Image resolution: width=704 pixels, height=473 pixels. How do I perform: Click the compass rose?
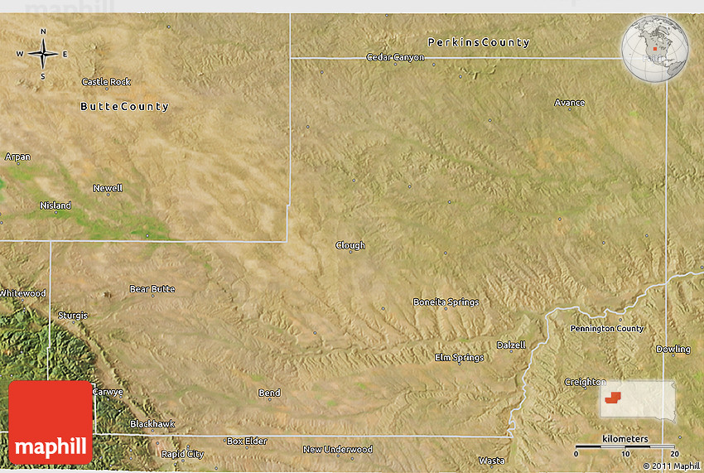pos(43,54)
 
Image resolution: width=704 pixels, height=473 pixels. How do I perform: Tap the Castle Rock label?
pos(106,82)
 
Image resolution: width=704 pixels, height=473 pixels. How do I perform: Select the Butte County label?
pos(124,107)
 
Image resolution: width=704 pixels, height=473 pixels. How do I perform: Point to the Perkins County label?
pos(478,42)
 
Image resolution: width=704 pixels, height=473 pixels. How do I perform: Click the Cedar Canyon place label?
pos(395,58)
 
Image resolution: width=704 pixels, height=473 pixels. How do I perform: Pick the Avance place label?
pos(569,103)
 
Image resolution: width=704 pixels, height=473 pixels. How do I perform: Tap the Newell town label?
pos(108,188)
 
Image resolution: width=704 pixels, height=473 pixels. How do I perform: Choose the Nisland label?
pos(55,205)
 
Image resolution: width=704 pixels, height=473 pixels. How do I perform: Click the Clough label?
pos(350,245)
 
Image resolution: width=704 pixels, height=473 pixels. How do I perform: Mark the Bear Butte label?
pos(152,289)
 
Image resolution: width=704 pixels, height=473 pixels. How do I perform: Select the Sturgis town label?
pos(72,316)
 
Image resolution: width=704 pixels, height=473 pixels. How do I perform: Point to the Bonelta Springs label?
pos(446,302)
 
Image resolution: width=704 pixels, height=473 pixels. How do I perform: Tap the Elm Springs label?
pos(459,358)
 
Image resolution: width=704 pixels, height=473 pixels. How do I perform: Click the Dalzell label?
pos(510,345)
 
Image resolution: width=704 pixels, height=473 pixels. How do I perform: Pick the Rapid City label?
pos(182,454)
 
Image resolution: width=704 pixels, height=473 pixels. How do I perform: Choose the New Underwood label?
pos(337,450)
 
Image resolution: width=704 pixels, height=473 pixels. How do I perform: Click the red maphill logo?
pos(51,422)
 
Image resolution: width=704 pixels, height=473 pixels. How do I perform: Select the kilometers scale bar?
pos(626,446)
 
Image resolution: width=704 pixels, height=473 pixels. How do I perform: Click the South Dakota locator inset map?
pos(637,398)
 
